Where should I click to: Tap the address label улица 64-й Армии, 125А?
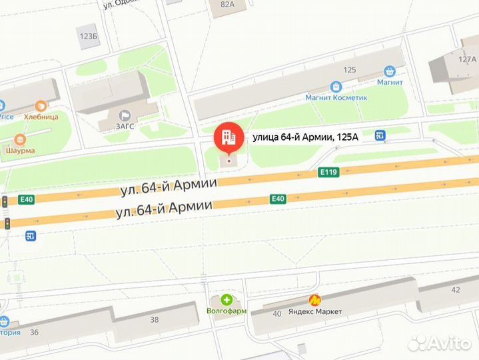[x=304, y=138]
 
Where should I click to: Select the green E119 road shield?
[x=328, y=173]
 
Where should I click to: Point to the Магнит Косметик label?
[x=336, y=97]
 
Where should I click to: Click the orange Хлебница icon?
[x=41, y=105]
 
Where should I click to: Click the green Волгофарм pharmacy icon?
[x=227, y=300]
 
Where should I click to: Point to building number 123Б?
[x=88, y=36]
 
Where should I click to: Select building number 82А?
[x=228, y=5]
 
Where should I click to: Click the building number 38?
[x=155, y=319]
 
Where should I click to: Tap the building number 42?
[x=456, y=290]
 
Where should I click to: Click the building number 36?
[x=34, y=333]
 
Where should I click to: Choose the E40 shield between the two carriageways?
[x=278, y=198]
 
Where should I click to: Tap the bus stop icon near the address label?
[x=380, y=136]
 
